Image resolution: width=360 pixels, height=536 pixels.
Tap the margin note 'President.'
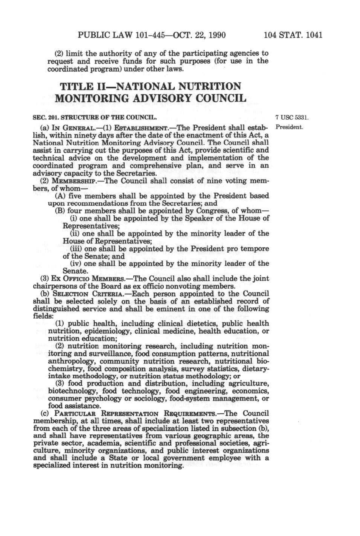[290, 127]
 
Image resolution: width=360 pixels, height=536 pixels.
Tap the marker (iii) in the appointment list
[76, 248]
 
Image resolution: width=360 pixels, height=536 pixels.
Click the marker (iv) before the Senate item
[76, 263]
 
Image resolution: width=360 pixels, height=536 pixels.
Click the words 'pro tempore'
[250, 248]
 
